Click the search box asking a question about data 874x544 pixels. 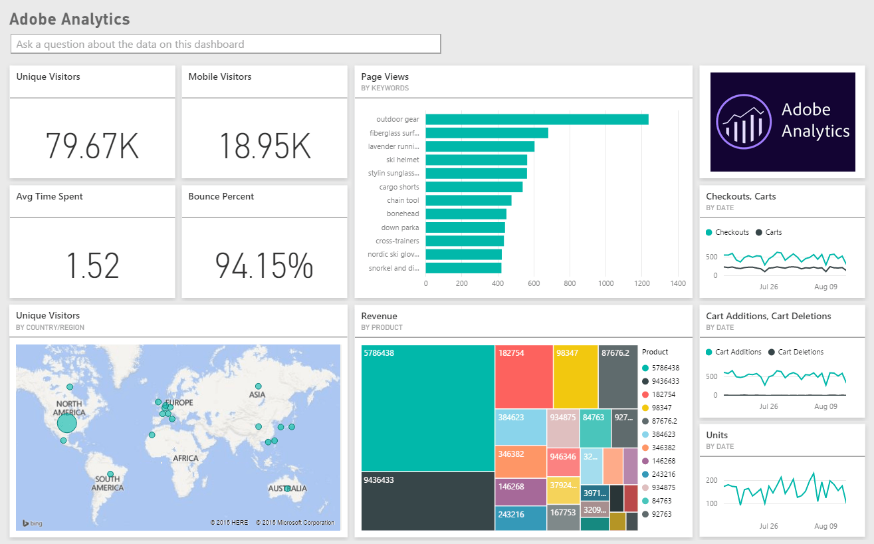[x=225, y=44]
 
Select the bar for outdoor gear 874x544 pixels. [x=536, y=119]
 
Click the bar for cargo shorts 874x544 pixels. [x=474, y=187]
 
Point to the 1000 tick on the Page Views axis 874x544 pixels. [x=605, y=283]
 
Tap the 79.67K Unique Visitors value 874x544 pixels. [x=92, y=146]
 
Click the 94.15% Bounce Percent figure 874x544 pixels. [x=264, y=265]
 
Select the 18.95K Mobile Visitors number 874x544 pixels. [x=264, y=146]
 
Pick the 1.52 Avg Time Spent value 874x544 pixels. [x=92, y=265]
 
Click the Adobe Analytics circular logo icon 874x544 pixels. [x=741, y=121]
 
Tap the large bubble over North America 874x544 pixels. [x=67, y=423]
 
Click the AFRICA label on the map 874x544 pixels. [x=185, y=458]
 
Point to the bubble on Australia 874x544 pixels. [x=287, y=489]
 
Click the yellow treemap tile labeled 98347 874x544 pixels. [x=576, y=376]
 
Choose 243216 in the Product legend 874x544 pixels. [x=665, y=474]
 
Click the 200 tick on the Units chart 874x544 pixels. [x=711, y=480]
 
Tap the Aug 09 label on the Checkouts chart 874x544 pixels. [x=825, y=287]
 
